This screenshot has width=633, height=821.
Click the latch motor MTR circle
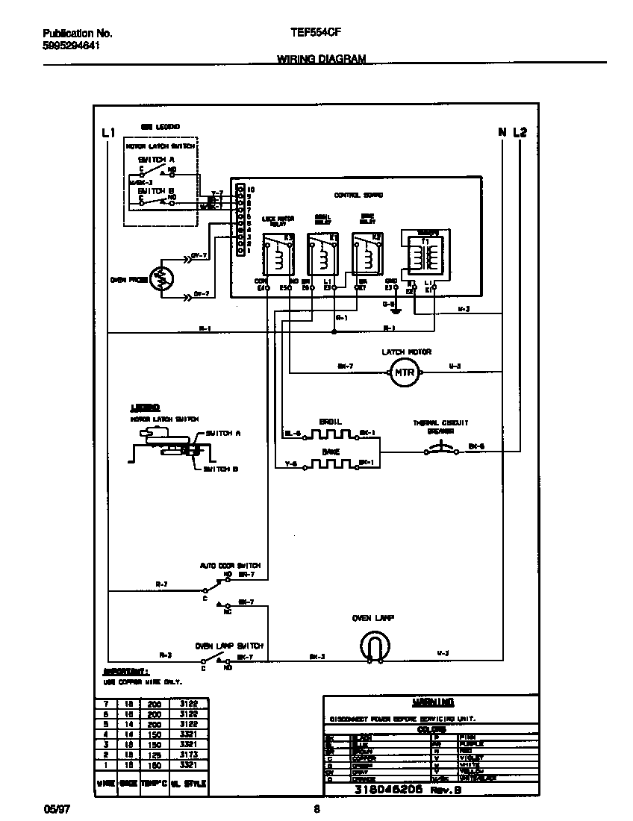tap(403, 372)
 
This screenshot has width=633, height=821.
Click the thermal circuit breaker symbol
tap(437, 449)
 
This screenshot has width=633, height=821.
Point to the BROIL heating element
tap(330, 434)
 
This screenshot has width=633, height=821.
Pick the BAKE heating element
tap(330, 463)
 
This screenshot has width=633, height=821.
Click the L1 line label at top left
tap(108, 133)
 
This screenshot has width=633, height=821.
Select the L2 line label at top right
tap(520, 133)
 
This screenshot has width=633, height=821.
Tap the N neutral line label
tap(502, 133)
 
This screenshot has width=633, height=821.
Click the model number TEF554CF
tap(311, 34)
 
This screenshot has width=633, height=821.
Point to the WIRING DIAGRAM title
tap(321, 58)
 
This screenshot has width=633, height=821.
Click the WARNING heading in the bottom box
tap(433, 702)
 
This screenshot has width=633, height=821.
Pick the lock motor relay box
tap(278, 257)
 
